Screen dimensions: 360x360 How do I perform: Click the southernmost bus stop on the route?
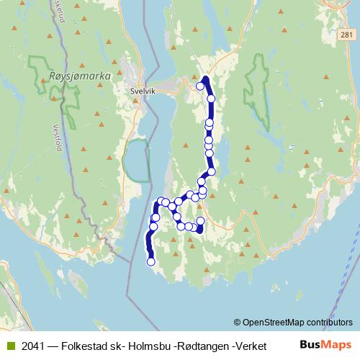[151, 261]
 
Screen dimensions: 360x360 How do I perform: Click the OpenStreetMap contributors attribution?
[298, 322]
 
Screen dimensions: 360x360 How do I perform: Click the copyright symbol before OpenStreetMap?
[238, 322]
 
